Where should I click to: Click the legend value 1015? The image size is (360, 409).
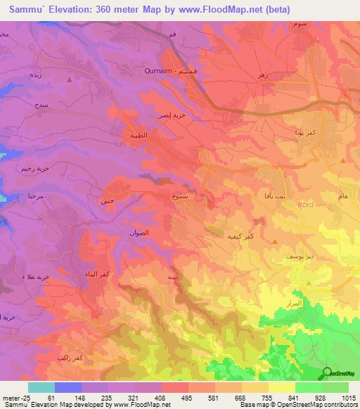[x=349, y=398]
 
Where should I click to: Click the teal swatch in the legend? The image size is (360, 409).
[x=41, y=387]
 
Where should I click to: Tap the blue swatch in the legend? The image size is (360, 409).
[x=67, y=387]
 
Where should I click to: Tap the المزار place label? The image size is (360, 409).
[x=295, y=303]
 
